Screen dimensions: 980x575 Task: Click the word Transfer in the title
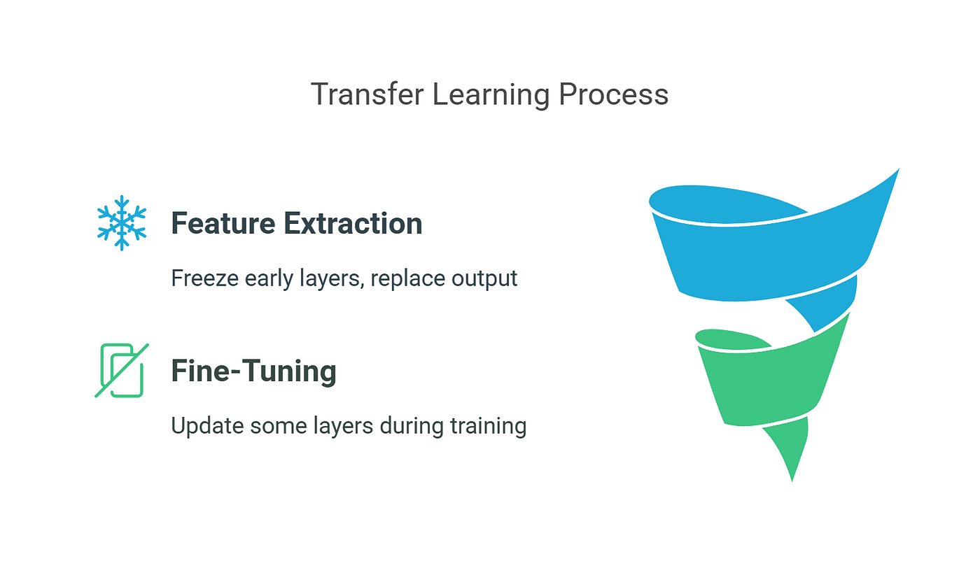point(367,94)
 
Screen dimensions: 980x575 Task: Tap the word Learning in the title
point(491,95)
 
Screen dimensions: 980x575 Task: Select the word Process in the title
point(613,94)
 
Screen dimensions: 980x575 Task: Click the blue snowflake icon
point(122,223)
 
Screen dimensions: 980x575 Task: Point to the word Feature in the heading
point(223,223)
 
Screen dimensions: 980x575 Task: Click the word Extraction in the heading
point(353,223)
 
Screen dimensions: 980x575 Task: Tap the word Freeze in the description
point(204,278)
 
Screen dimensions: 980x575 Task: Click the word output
point(484,279)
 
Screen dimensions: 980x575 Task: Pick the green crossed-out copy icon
point(122,370)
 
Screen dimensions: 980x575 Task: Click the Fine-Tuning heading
point(253,371)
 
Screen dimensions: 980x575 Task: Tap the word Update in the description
point(207,426)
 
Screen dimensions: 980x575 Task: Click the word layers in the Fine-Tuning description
point(343,426)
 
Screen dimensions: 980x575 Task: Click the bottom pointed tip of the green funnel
point(792,481)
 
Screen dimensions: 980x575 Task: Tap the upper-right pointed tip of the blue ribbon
point(899,169)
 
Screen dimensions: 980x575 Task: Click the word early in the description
point(269,279)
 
